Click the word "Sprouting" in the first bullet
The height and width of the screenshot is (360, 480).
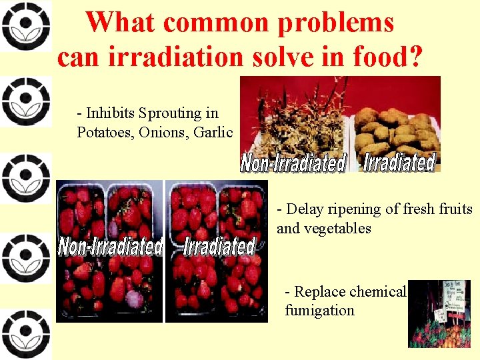[x=169, y=114]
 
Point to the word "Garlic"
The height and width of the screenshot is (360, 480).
[x=213, y=131]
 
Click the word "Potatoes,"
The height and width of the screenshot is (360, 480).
[x=105, y=131]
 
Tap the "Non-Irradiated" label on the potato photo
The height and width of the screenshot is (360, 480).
[x=294, y=163]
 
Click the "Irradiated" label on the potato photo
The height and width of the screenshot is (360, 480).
[x=399, y=162]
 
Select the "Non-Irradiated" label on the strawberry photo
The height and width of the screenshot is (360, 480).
[x=111, y=246]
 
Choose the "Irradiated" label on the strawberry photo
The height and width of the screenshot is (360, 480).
[x=219, y=246]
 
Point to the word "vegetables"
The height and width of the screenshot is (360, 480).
[x=338, y=228]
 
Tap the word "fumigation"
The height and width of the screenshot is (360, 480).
[x=319, y=310]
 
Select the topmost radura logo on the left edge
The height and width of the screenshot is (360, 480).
[x=25, y=26]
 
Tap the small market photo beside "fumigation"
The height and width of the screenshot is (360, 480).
[x=439, y=313]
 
